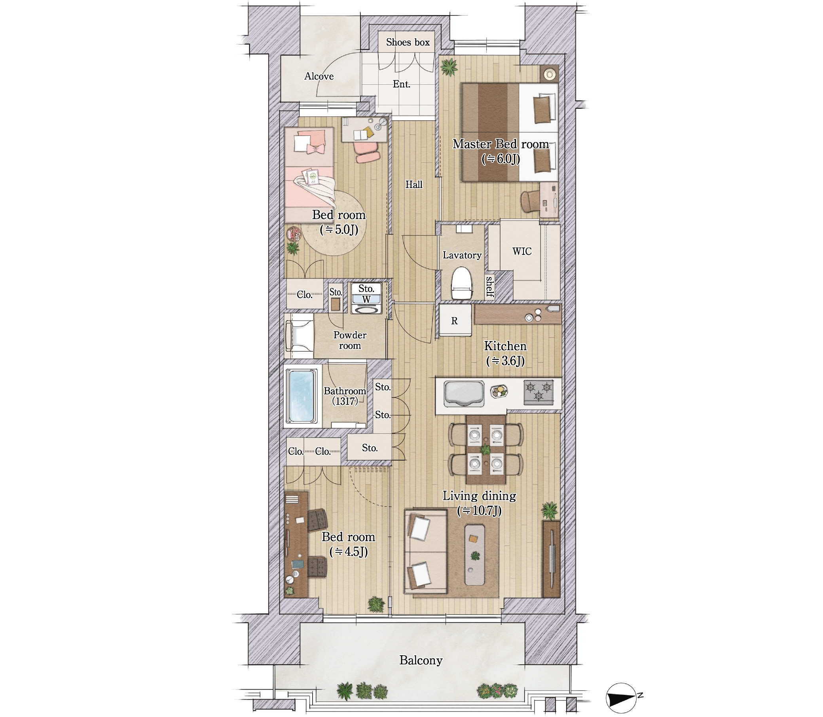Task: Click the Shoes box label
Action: pos(407,42)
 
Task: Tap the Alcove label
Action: pos(319,76)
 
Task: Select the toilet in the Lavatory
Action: pos(462,283)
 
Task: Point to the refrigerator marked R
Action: pos(455,321)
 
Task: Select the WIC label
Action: pos(522,251)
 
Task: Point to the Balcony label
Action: pos(421,660)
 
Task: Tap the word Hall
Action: pos(414,184)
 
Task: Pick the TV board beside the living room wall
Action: pos(551,559)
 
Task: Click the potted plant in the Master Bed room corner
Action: pos(449,67)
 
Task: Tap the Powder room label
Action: pos(350,340)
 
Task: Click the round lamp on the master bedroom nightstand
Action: pos(550,74)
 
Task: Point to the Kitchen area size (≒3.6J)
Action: pos(505,361)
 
